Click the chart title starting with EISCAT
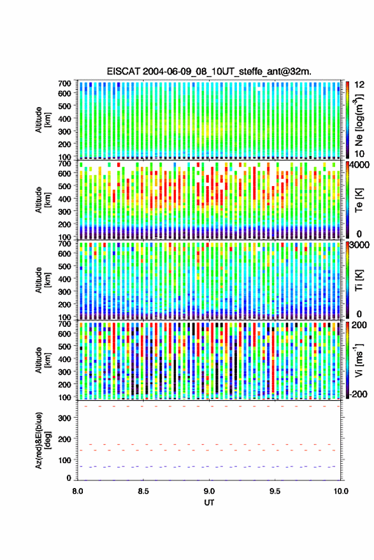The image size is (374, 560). pos(209,71)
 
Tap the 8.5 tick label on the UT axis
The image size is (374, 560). pos(143,491)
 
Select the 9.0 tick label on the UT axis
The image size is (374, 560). pos(209,491)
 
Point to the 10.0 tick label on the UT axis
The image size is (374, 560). pos(341,491)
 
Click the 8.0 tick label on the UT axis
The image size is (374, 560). pos(78,491)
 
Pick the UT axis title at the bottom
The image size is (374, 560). pos(209,503)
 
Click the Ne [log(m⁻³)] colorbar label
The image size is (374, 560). pos(359,119)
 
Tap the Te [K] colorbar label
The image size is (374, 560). pos(359,200)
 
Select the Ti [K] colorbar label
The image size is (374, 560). pos(359,280)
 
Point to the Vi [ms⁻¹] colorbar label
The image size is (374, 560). pos(359,360)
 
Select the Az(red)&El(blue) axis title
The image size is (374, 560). pos(43,441)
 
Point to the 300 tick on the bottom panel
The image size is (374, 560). pos(64,418)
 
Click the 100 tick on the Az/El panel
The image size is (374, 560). pos(64,460)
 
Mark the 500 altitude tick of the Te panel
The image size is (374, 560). pos(64,186)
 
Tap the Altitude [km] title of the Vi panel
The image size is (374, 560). pos(43,360)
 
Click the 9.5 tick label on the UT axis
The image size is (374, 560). pos(275,491)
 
